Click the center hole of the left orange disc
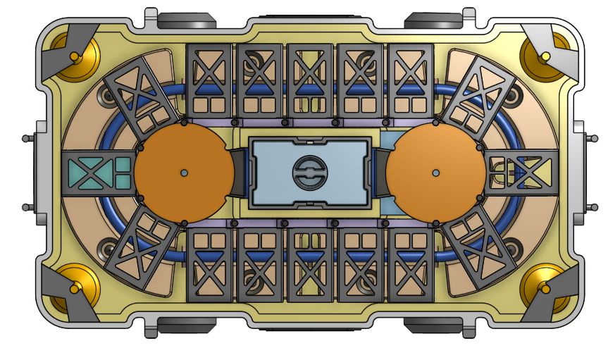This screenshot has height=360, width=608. click(184, 173)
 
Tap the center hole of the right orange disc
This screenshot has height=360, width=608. click(435, 173)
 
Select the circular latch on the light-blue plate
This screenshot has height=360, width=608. click(309, 173)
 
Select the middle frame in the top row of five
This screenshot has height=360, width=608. click(309, 80)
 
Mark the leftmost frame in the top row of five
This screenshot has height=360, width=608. click(209, 80)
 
